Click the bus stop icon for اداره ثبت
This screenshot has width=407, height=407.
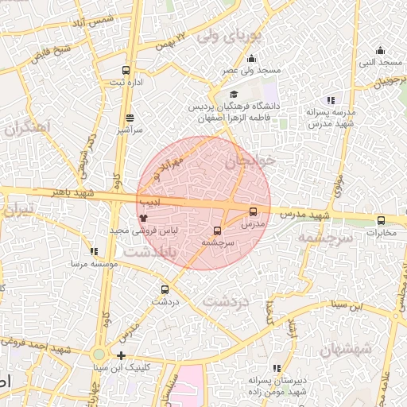[x=126, y=70]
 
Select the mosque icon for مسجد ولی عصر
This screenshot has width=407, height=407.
[x=252, y=58]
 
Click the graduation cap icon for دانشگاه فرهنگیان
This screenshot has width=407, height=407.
[x=234, y=95]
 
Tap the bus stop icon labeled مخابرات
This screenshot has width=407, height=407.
[x=381, y=221]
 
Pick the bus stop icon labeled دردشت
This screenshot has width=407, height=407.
[x=165, y=290]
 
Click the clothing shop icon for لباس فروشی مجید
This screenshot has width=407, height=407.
[x=144, y=217]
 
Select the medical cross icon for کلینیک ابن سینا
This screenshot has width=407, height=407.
[x=121, y=355]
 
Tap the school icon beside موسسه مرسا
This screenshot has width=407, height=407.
[x=94, y=251]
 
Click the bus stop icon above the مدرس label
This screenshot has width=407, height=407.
[x=254, y=212]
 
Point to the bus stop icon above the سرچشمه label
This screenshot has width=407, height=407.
[x=218, y=231]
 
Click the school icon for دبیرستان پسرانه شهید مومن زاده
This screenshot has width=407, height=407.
[x=277, y=368]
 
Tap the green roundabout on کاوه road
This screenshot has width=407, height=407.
[x=98, y=355]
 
